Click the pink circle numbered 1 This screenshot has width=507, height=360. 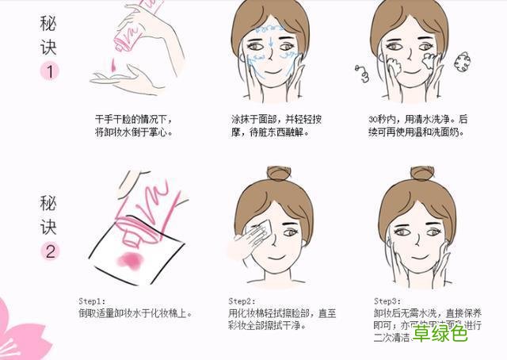point(49,71)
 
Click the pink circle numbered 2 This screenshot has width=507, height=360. point(49,252)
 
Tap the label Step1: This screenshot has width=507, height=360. point(91,301)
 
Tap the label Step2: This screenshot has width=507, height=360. point(242,301)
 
